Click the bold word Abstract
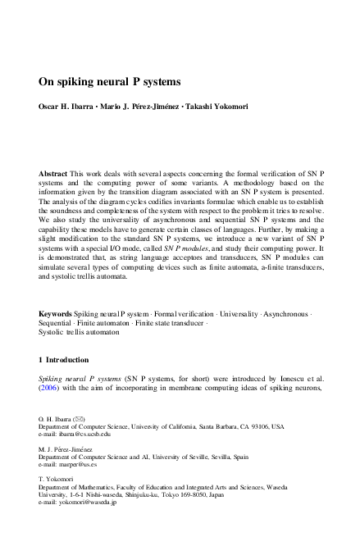[54, 175]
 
